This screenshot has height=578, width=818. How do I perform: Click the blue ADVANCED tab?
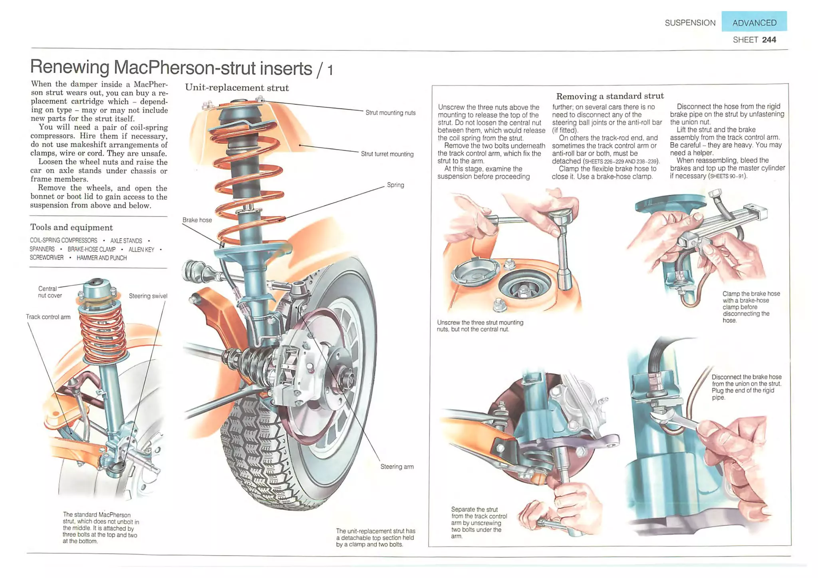tap(754, 22)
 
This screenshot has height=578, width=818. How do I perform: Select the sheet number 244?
tap(769, 40)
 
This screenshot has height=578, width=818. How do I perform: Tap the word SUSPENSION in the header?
tap(690, 23)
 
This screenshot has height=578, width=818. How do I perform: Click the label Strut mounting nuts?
tap(390, 113)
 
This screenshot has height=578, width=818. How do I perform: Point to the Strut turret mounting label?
tap(387, 154)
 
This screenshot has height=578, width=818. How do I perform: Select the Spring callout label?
tap(395, 185)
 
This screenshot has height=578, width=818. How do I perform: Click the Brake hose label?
tap(197, 220)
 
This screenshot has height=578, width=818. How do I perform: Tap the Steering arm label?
tap(397, 466)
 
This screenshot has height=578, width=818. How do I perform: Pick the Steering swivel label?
tap(148, 296)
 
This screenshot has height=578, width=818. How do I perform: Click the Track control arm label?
tap(48, 316)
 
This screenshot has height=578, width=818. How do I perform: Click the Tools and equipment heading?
tap(71, 227)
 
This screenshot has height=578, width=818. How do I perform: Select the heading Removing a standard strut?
tap(610, 96)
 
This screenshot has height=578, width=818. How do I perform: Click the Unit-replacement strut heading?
tap(236, 87)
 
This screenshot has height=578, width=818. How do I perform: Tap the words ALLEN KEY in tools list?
tap(141, 249)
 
